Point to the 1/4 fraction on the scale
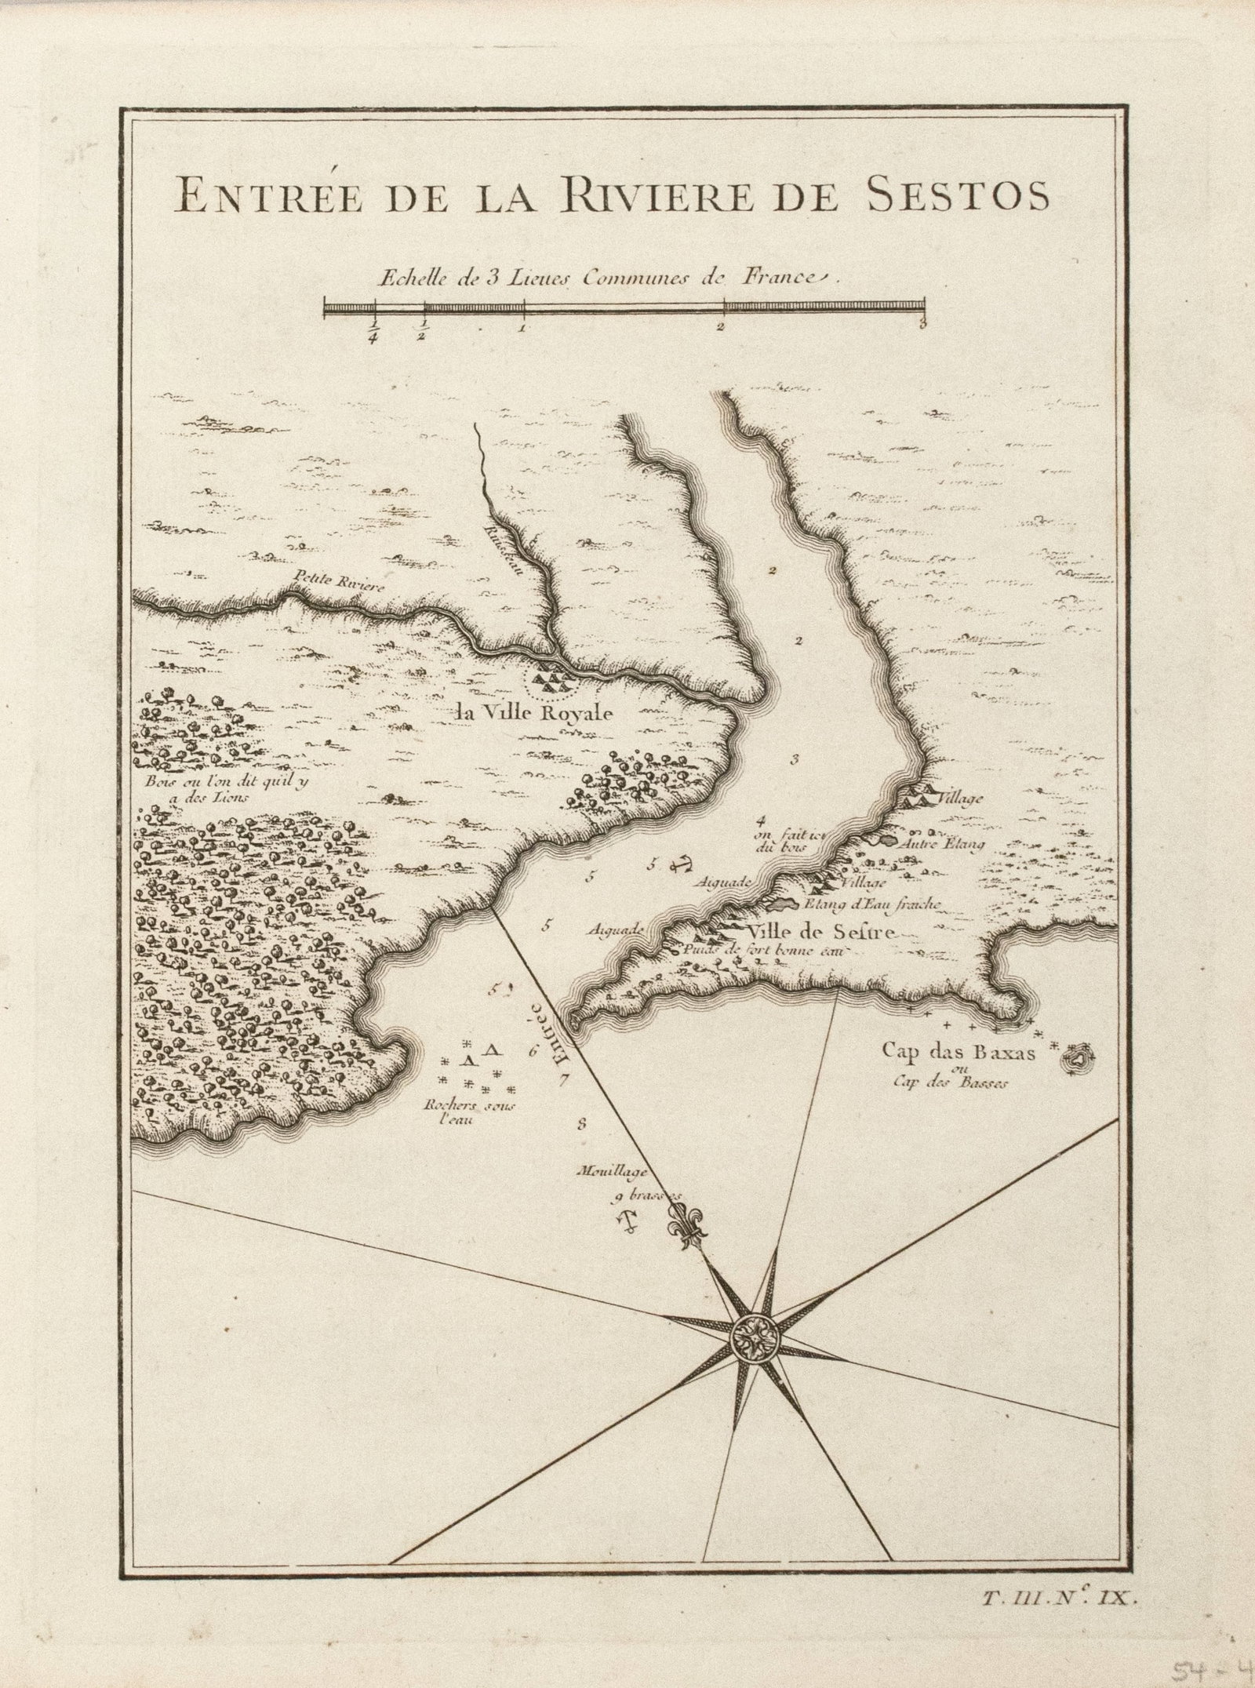373,332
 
